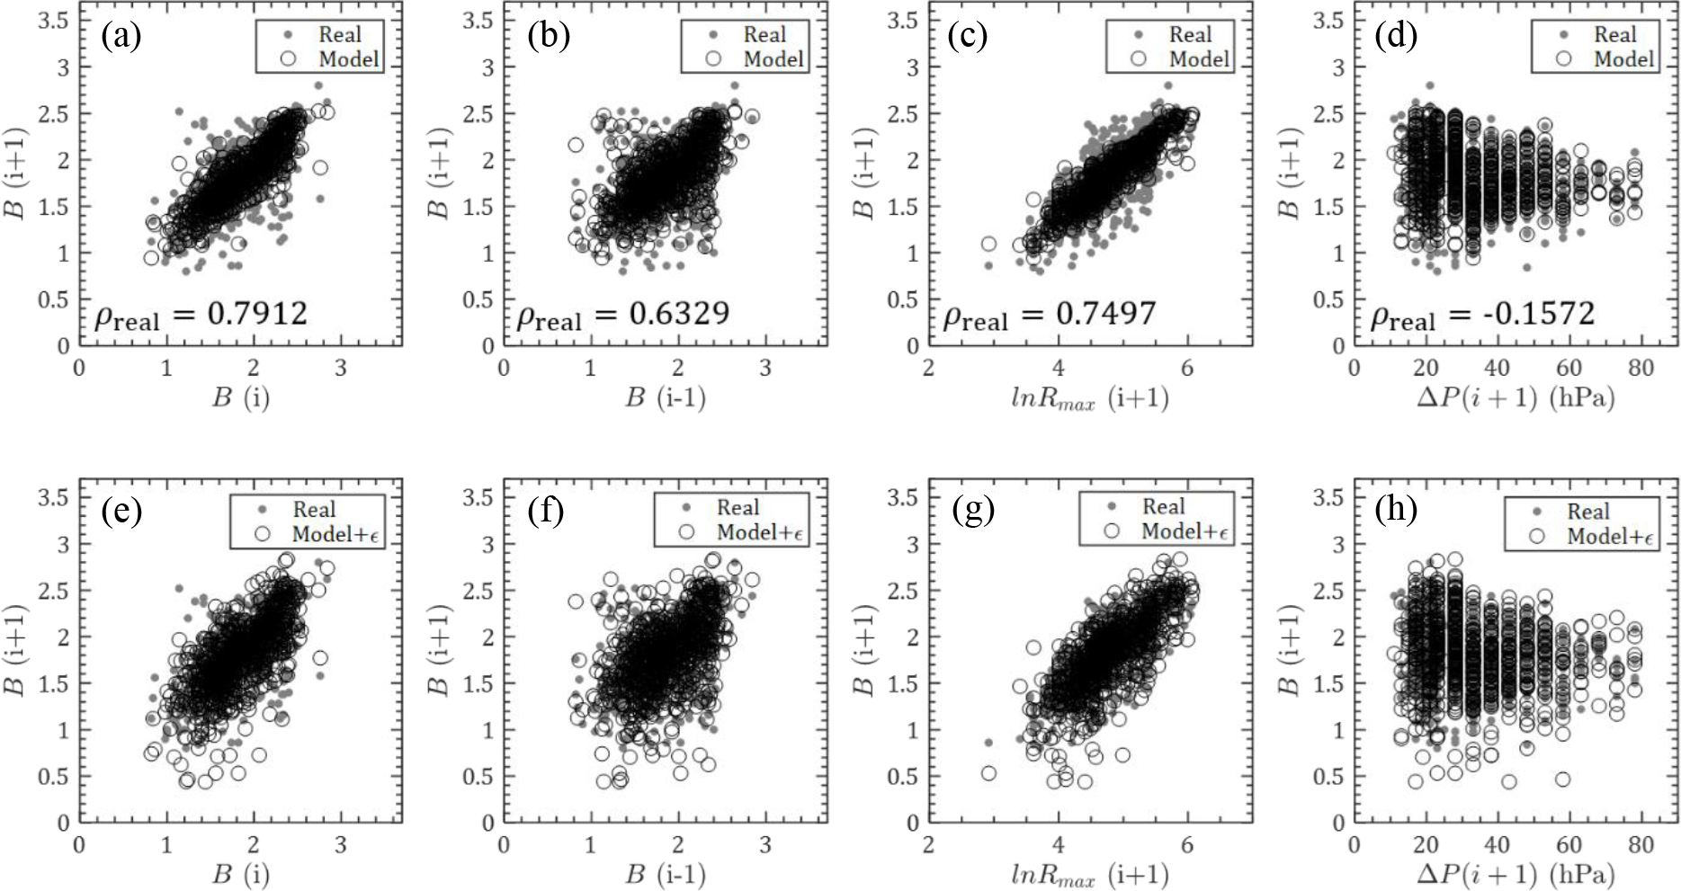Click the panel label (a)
[121, 37]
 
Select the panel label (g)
[973, 511]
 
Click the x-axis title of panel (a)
[240, 397]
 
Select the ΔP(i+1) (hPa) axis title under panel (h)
[1516, 874]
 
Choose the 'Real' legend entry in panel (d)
[1614, 35]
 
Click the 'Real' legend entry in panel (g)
[1163, 507]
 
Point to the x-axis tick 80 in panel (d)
[1641, 369]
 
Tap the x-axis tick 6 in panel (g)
[1187, 846]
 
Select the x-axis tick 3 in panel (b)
[764, 369]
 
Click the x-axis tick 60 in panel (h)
[1569, 846]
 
